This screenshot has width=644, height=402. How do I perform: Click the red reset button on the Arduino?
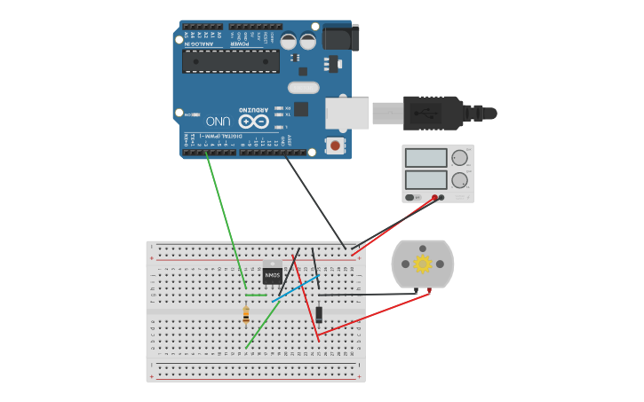coord(335,145)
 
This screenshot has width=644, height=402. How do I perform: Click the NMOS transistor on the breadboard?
coord(272,275)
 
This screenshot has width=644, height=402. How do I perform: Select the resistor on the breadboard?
coord(246,314)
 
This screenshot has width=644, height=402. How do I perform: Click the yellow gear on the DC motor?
coord(422,264)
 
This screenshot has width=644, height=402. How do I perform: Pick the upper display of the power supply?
coord(426,158)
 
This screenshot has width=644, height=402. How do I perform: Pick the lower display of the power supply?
coord(426,179)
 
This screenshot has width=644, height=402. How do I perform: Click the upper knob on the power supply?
coord(459,158)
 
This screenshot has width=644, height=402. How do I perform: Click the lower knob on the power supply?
coord(459,180)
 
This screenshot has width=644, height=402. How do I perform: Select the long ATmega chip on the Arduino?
coord(230,61)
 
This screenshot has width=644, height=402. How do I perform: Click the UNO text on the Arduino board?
coord(219,121)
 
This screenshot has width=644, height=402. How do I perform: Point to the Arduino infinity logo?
coord(253,122)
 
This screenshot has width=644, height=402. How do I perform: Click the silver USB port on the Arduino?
coord(347,113)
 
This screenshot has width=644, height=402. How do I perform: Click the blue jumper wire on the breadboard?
coord(296,288)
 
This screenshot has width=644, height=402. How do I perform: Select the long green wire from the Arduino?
coord(226,222)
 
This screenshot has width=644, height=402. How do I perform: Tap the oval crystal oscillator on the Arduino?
coord(303,87)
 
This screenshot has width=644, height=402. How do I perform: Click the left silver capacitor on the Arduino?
coord(289,41)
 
